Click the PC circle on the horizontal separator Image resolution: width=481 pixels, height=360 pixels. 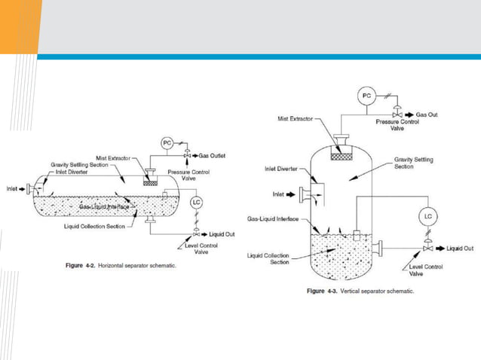click(167, 143)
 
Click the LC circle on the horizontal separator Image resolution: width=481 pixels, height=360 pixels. click(197, 203)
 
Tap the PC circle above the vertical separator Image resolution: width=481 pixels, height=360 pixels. click(366, 96)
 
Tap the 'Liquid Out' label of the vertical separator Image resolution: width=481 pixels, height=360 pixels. click(459, 247)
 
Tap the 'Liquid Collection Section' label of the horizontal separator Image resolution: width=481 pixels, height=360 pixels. click(95, 226)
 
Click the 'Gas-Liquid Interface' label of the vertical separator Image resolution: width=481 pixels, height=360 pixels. click(277, 218)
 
